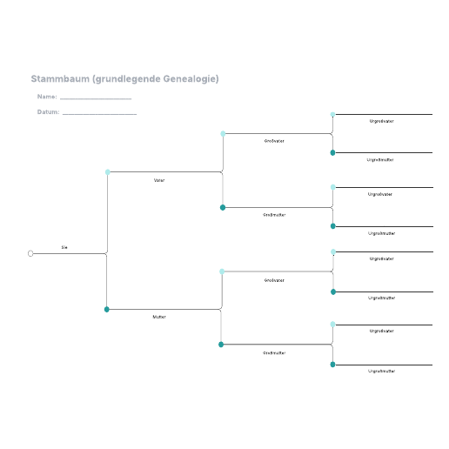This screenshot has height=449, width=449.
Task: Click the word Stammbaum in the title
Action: pos(60,78)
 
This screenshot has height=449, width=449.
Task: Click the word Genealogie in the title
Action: pos(191,79)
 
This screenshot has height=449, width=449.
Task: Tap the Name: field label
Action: pos(47,97)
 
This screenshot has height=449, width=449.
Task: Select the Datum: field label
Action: pos(48,112)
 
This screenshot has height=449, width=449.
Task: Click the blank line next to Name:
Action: pos(96,99)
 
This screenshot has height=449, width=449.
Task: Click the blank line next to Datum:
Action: pos(99,114)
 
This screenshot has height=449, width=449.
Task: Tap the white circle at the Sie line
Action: pos(30,253)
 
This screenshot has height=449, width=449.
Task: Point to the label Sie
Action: pos(64,247)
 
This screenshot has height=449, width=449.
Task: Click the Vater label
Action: pos(159,180)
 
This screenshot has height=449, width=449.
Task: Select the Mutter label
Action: pos(159,317)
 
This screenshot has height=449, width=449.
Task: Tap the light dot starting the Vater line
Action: pos(108,172)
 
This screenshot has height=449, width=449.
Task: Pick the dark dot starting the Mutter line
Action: pos(107,310)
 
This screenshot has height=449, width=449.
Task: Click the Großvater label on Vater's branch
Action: pos(274,141)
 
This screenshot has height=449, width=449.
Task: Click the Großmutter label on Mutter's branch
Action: pos(274,353)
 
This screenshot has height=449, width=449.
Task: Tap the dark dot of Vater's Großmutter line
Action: pos(223,207)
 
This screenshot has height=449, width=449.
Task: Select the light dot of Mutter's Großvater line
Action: pos(222,271)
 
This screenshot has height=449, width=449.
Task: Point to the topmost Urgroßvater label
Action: pos(381,121)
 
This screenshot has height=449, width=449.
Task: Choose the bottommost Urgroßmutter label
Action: pos(381,371)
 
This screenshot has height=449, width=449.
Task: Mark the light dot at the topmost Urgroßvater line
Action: pos(332,114)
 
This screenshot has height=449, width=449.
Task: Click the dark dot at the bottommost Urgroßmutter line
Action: pos(332,365)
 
